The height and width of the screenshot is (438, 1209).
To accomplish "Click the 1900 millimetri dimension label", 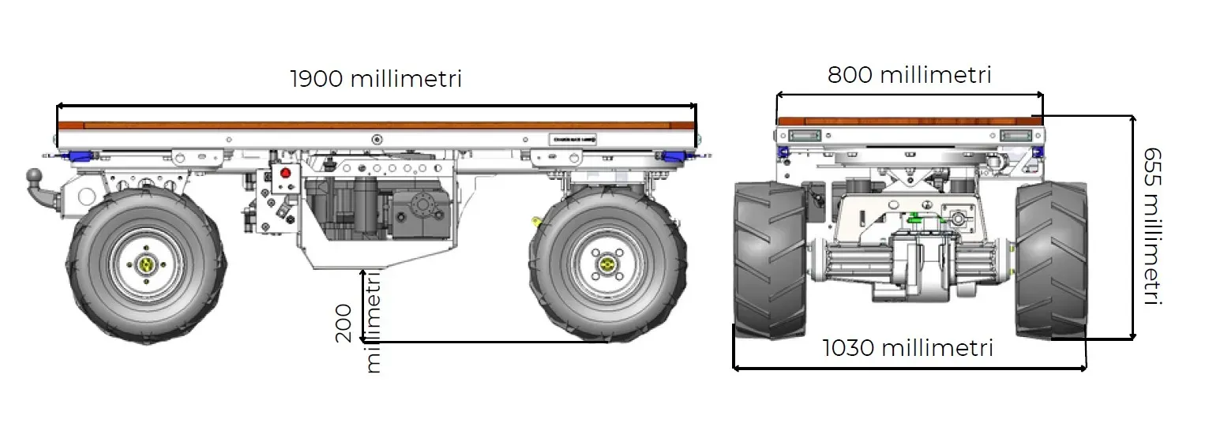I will tap(376, 79).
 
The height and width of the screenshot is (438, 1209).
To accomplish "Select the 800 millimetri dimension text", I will tap(909, 75).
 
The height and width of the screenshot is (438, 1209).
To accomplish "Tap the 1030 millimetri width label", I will tap(907, 348).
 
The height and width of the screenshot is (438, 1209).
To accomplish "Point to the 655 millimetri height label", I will tap(1152, 226).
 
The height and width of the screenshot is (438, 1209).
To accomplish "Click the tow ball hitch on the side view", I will tap(36, 174).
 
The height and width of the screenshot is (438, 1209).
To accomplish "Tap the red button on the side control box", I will tap(286, 173).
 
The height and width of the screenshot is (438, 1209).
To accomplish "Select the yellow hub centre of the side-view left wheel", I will tap(147, 265).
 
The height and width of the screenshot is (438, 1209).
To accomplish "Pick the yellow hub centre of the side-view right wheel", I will tap(606, 264).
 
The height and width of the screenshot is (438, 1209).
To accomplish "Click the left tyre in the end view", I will tap(770, 260).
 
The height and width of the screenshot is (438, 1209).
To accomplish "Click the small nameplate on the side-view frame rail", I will tap(572, 139).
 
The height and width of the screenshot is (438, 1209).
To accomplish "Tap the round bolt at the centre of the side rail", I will tap(377, 140).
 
